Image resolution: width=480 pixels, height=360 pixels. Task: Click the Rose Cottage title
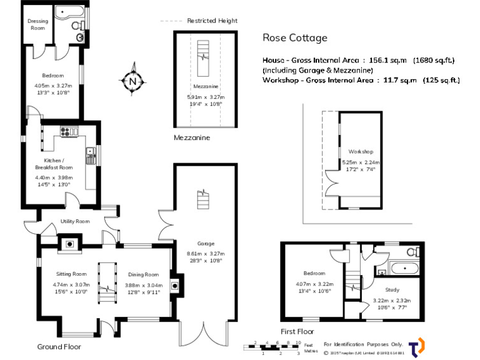coord(294,38)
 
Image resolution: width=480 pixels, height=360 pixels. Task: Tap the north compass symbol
coord(132,81)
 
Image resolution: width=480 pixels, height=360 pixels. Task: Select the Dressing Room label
coord(37,24)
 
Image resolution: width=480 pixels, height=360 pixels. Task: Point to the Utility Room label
coord(75,221)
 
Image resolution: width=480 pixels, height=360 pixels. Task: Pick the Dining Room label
coord(144,274)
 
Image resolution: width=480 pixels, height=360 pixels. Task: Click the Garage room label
coord(205,243)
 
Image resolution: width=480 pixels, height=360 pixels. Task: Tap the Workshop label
coord(361,152)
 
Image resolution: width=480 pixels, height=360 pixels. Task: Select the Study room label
coord(392,289)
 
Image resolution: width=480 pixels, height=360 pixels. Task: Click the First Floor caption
coord(297,331)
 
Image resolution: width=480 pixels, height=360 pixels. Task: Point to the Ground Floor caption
coord(59,346)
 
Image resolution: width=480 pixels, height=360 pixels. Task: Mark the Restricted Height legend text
coord(212,21)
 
